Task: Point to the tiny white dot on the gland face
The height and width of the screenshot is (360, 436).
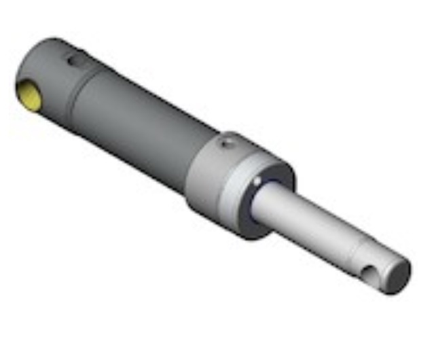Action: click(257, 181)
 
